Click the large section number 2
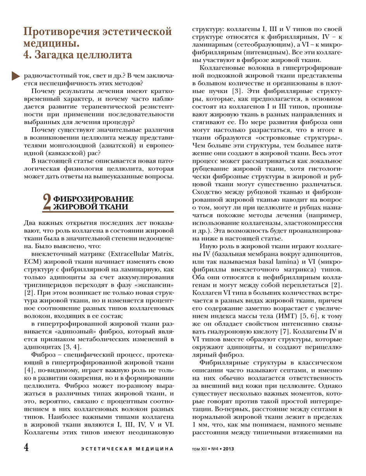[47, 202]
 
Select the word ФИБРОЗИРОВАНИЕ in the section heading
[93, 199]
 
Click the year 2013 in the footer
[228, 449]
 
